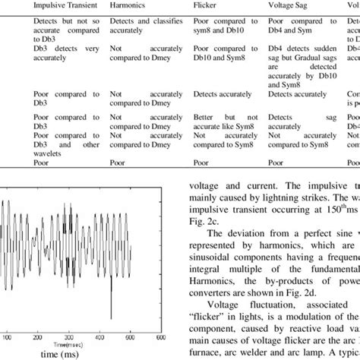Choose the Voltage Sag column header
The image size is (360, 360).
point(289,7)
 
